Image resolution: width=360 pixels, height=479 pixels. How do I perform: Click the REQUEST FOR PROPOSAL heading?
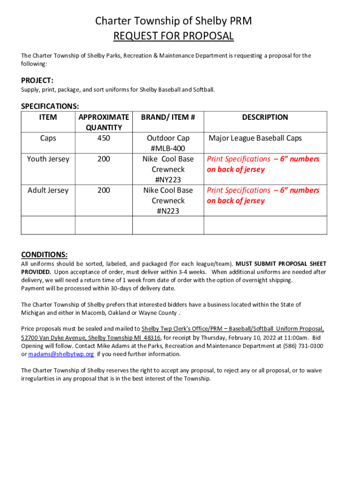(x=173, y=36)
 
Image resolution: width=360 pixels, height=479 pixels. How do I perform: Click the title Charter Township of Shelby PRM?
(x=173, y=21)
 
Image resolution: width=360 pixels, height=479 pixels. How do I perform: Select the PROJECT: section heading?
(x=37, y=80)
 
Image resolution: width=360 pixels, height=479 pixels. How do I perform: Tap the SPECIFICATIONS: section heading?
(x=50, y=107)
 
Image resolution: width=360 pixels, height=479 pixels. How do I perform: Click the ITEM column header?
(x=48, y=117)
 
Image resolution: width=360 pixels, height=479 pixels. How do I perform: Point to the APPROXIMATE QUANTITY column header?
(x=104, y=123)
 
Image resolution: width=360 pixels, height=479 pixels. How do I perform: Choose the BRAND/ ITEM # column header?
(x=168, y=117)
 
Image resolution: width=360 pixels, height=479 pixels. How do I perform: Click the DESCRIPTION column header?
(x=265, y=117)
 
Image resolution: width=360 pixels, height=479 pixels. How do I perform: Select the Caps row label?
(x=48, y=138)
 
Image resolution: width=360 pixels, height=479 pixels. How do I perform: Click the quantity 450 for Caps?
(x=104, y=138)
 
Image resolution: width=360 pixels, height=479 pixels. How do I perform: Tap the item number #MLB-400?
(x=168, y=148)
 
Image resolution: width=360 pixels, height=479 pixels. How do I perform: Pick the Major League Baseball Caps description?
(x=255, y=138)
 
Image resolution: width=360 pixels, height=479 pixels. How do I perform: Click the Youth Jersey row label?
(x=48, y=159)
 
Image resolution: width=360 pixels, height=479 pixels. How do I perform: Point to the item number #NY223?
(x=168, y=180)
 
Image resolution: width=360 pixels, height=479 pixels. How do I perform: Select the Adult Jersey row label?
(x=48, y=190)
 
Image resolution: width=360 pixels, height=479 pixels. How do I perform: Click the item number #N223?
(x=168, y=211)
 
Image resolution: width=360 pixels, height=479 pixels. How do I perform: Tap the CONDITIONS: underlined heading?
(x=44, y=255)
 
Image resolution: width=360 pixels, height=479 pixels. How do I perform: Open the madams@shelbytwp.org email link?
(x=61, y=354)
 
